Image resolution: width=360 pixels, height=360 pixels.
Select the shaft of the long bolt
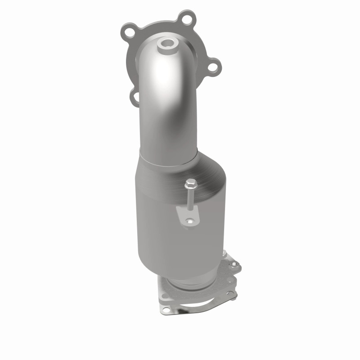(x=191, y=201)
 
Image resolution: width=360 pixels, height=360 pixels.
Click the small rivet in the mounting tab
(x=189, y=221)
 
